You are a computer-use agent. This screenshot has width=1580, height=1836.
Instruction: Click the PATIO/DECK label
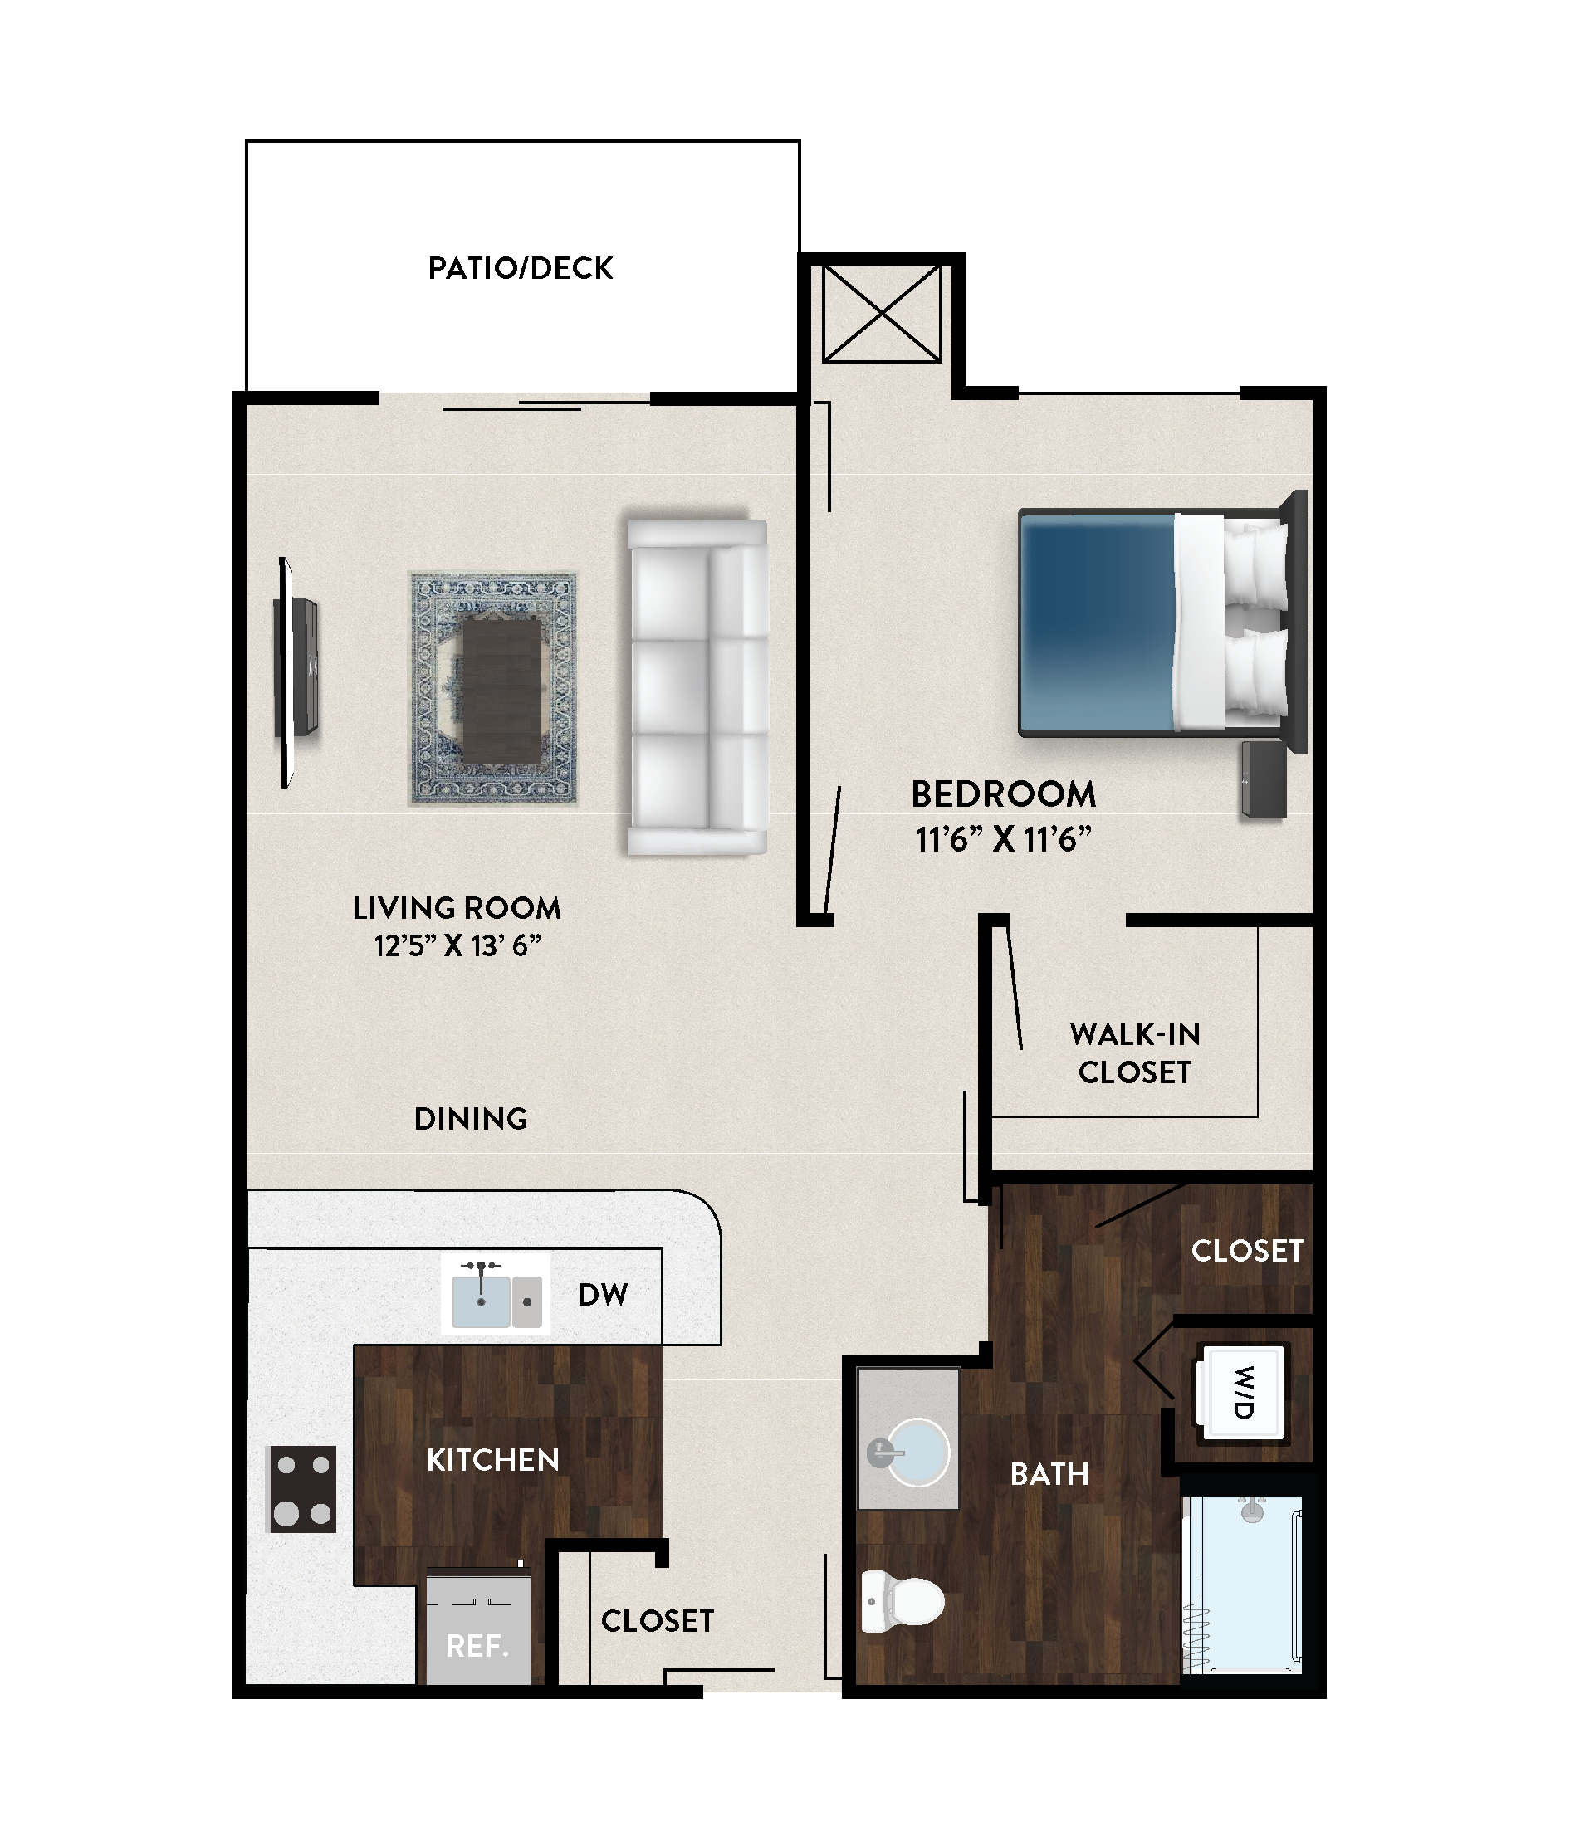tap(521, 267)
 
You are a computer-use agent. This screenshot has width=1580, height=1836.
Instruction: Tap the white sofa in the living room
tap(697, 686)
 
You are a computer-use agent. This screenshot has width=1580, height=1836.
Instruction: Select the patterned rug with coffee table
tap(492, 689)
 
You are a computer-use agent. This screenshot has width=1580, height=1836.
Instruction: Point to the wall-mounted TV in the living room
tap(295, 671)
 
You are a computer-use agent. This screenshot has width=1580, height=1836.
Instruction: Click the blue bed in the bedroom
tap(1162, 622)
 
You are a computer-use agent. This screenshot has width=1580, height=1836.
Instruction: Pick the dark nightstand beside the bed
tap(1264, 779)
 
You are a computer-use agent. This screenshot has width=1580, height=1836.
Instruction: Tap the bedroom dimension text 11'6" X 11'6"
tap(1003, 839)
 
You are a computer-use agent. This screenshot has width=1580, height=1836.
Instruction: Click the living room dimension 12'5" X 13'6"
tap(457, 945)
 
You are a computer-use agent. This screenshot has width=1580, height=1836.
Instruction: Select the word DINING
tap(471, 1118)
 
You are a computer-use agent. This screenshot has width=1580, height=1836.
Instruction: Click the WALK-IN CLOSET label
tap(1135, 1052)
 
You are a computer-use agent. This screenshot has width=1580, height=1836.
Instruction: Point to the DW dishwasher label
tap(603, 1295)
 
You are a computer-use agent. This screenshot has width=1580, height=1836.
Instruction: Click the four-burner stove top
tap(302, 1489)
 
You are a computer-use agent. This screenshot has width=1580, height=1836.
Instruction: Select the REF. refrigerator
tap(478, 1628)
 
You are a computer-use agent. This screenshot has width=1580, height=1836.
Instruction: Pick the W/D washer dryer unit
tap(1240, 1391)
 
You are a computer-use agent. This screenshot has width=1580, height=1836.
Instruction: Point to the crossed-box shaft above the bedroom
tap(882, 313)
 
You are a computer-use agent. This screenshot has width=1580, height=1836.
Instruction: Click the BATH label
tap(1050, 1473)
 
